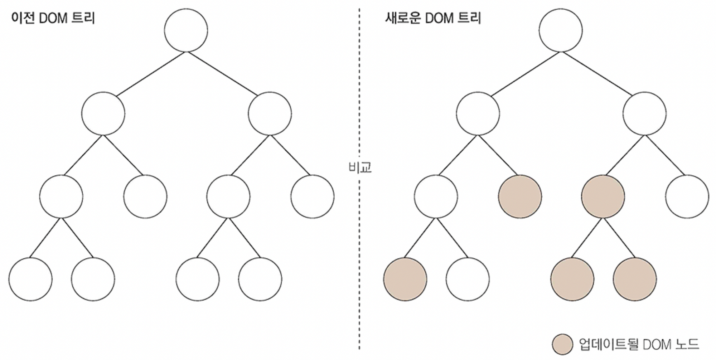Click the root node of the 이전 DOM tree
click(x=186, y=30)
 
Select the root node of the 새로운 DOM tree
click(x=560, y=30)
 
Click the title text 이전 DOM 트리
click(x=53, y=18)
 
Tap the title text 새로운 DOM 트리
click(x=433, y=18)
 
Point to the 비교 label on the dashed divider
click(x=360, y=167)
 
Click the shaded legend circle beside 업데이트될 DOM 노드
click(x=562, y=344)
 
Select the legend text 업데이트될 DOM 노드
click(x=639, y=344)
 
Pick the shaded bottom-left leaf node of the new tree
click(x=405, y=279)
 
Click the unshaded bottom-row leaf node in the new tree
click(x=468, y=279)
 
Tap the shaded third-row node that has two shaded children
click(x=603, y=196)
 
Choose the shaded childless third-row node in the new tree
click(x=520, y=196)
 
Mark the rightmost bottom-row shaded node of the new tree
click(x=635, y=279)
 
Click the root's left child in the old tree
click(x=103, y=113)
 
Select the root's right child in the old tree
click(x=270, y=113)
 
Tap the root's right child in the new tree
click(x=644, y=113)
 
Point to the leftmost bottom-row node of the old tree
click(x=30, y=279)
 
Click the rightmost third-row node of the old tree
click(x=312, y=196)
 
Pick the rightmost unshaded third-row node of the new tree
click(x=687, y=196)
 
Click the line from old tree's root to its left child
click(x=150, y=74)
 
